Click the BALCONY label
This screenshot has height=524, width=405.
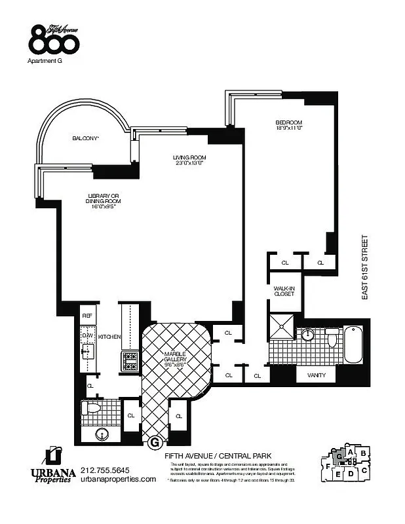[x=85, y=139]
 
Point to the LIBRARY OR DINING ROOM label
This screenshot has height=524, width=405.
[x=105, y=200]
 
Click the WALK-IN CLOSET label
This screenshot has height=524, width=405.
[x=283, y=291]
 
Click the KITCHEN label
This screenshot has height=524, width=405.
[x=109, y=337]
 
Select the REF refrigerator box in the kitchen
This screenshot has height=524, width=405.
[x=87, y=316]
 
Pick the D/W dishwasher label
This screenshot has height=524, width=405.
[x=87, y=336]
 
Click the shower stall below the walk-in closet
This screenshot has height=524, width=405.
[x=283, y=327]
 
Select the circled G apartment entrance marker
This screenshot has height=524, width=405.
[x=155, y=443]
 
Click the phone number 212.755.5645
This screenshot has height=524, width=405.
[x=105, y=469]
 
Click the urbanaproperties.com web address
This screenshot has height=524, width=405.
[x=118, y=479]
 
